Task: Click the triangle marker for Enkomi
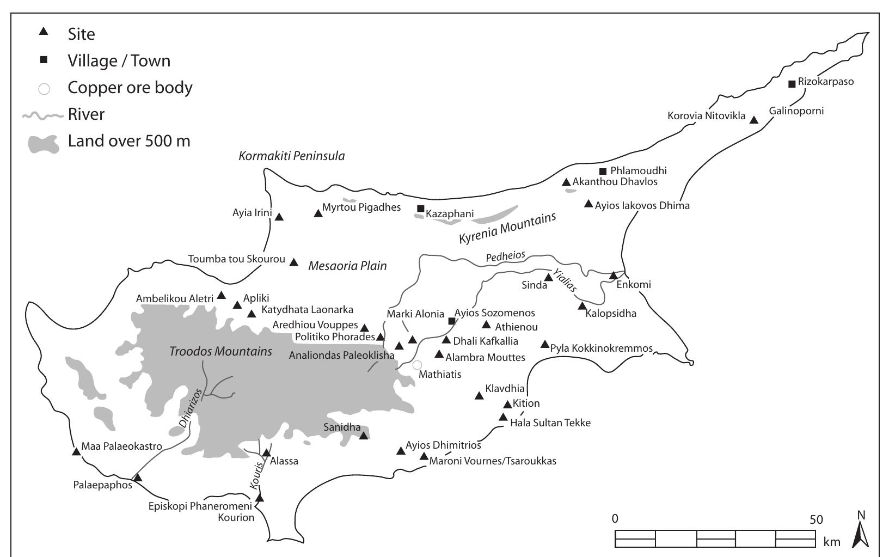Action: click(613, 276)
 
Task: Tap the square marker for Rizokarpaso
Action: click(792, 84)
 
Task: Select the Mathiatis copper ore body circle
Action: click(417, 365)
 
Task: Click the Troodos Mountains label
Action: click(220, 351)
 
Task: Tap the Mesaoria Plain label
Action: click(347, 266)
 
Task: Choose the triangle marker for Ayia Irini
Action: click(279, 217)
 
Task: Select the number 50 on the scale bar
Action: click(816, 519)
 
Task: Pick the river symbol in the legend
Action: click(42, 115)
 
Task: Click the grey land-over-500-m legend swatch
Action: click(42, 143)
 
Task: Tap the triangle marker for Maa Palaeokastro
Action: click(76, 451)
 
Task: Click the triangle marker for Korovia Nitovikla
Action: click(754, 120)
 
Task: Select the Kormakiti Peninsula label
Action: click(292, 156)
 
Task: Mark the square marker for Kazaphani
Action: click(420, 209)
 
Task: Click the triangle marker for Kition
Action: click(507, 405)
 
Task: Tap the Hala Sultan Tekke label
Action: click(550, 423)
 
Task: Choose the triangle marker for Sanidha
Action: click(364, 435)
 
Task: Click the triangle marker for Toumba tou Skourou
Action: click(293, 262)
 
